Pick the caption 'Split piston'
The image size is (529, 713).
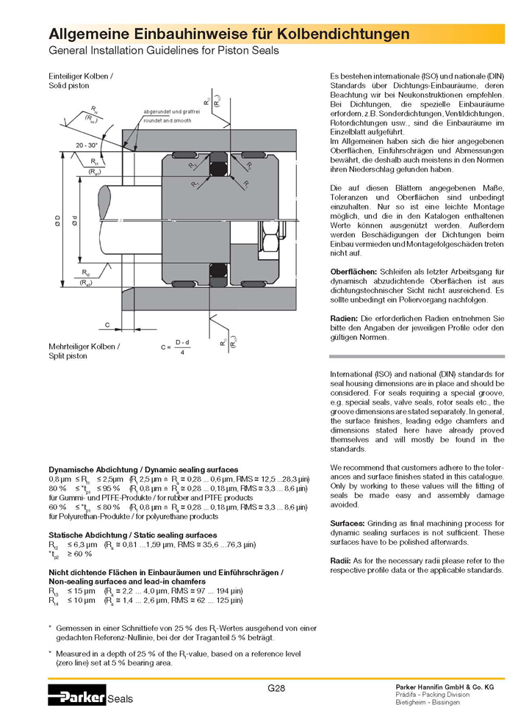tap(68, 355)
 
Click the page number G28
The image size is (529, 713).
tap(276, 688)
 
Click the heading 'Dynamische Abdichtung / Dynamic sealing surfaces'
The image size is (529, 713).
tap(143, 469)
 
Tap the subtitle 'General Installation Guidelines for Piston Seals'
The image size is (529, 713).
tap(164, 51)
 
